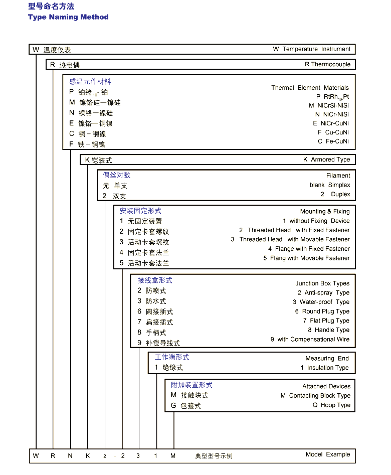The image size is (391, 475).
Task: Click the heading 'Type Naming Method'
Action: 68,17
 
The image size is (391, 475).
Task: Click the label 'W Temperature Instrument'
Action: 311,49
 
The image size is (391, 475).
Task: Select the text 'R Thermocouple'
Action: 327,64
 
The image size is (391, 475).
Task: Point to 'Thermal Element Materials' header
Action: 310,88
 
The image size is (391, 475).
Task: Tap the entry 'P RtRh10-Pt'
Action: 332,97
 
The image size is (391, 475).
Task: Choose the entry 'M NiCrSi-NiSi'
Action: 329,106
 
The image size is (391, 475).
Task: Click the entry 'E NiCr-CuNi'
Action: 331,123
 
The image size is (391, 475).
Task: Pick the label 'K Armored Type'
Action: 326,160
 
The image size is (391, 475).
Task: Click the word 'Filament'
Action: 338,176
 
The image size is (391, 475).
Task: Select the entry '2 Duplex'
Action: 335,194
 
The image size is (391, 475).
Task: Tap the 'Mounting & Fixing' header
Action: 325,212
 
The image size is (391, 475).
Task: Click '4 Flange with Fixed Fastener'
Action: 309,249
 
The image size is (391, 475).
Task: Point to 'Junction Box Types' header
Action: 322,283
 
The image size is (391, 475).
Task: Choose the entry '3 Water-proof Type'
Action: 321,302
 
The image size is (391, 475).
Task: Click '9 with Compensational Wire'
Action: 310,340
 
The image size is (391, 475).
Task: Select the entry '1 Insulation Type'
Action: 324,368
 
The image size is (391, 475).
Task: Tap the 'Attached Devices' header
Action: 326,386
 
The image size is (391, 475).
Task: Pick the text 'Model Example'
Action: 328,454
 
